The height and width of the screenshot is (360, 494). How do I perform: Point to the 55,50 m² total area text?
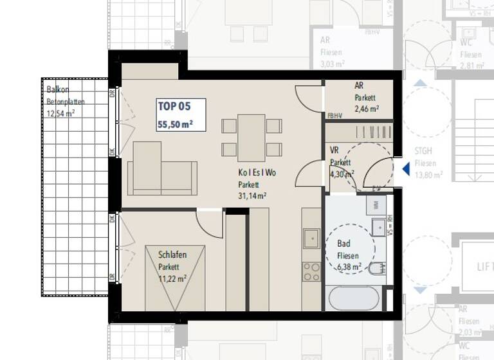pyautogui.click(x=176, y=124)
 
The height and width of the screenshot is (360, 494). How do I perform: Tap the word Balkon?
pyautogui.click(x=57, y=91)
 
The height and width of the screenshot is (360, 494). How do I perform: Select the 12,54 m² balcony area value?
pyautogui.click(x=60, y=113)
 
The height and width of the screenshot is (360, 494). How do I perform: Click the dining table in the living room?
pyautogui.click(x=251, y=138)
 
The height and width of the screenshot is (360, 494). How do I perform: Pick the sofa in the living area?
pyautogui.click(x=161, y=170)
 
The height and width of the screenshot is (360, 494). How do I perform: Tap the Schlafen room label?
pyautogui.click(x=172, y=255)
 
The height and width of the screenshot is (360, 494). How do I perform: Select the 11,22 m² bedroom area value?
pyautogui.click(x=172, y=278)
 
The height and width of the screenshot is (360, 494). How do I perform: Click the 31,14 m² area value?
pyautogui.click(x=252, y=196)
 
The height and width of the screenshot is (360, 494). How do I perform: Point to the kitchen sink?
pyautogui.click(x=311, y=237)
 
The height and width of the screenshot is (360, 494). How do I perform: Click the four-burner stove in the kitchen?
pyautogui.click(x=311, y=271)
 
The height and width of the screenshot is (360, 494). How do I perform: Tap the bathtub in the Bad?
pyautogui.click(x=354, y=298)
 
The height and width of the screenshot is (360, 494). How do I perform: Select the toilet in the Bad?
pyautogui.click(x=378, y=267)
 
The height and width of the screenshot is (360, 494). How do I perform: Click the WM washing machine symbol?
pyautogui.click(x=376, y=205)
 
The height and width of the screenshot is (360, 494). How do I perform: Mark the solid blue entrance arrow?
pyautogui.click(x=406, y=169)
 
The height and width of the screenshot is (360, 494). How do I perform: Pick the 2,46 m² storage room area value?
pyautogui.click(x=366, y=109)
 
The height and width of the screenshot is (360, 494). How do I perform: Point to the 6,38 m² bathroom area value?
pyautogui.click(x=349, y=266)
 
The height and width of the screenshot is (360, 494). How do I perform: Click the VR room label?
pyautogui.click(x=334, y=151)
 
